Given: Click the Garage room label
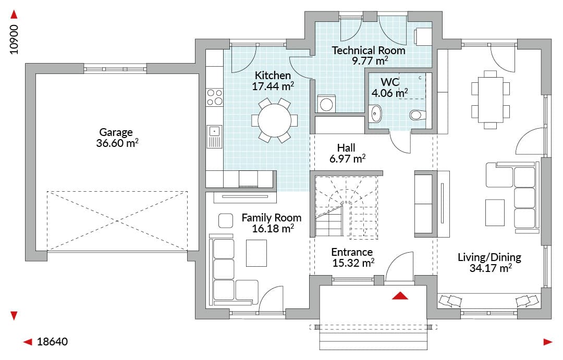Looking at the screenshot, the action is pos(116,132).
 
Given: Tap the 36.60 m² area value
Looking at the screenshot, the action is pos(117,143).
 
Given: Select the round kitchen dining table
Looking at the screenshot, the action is pos(275,120).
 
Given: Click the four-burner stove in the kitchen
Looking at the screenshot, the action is pos(214,97).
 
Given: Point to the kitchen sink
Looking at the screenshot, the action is pos(214,136).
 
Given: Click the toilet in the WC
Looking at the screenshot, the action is pos(418,115).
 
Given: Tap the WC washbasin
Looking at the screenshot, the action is pos(375,114).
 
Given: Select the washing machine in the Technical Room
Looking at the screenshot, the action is pos(326,104).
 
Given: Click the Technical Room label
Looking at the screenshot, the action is pos(369,50).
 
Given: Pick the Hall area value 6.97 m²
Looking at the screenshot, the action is pos(347,158).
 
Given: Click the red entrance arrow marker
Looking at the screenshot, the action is pos(400,295).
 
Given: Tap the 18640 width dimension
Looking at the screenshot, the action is pos(53,342).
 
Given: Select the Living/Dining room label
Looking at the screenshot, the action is pos(489,257).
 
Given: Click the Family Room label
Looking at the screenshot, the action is pos(272,218).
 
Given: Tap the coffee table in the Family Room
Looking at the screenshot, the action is pos(256,253).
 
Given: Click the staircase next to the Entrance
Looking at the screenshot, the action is pos(346,207).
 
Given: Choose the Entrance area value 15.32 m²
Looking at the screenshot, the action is pos(353,263).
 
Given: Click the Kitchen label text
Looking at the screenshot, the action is pos(273,76).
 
